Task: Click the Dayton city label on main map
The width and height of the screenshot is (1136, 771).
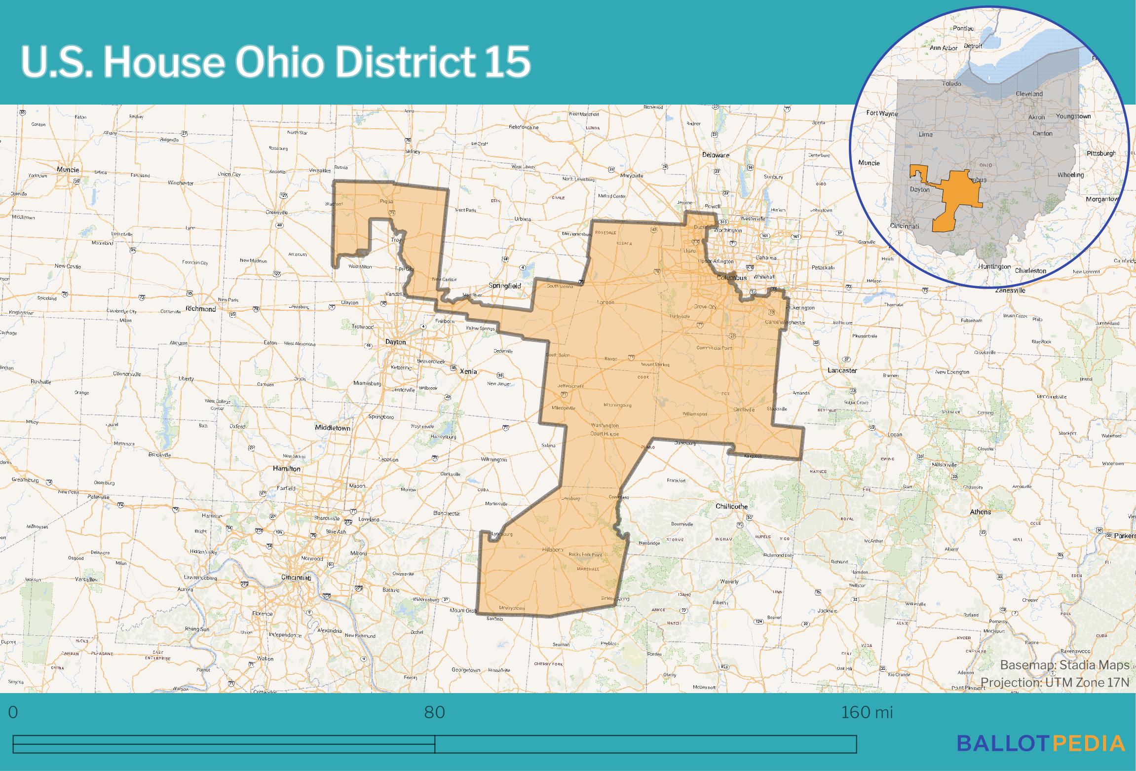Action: click(x=395, y=342)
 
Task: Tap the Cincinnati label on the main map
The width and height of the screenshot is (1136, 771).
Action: click(x=296, y=577)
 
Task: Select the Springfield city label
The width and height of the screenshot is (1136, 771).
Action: click(x=504, y=286)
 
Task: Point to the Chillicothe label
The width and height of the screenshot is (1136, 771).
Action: click(x=731, y=506)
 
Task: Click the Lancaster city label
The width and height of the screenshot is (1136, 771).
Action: click(x=842, y=370)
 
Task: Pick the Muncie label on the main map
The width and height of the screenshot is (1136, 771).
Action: click(x=68, y=169)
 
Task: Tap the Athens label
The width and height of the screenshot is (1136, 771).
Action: click(x=980, y=512)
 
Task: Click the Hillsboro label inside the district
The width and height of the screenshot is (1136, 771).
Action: click(x=552, y=549)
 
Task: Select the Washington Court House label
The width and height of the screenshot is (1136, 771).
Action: click(x=605, y=429)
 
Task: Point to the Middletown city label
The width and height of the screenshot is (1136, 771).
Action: click(x=333, y=428)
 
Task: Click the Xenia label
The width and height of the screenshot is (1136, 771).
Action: click(x=468, y=371)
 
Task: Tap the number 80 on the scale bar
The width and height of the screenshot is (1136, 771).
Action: click(x=434, y=712)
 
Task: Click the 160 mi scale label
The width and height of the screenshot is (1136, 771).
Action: click(x=867, y=712)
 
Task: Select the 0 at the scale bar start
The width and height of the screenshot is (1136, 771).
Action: click(x=13, y=712)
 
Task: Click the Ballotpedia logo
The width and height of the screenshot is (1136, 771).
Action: click(x=1041, y=743)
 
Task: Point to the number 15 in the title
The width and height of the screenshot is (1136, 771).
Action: click(x=507, y=62)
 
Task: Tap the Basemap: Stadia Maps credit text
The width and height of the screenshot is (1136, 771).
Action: click(x=1064, y=665)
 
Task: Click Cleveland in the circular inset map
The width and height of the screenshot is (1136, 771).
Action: click(x=1029, y=94)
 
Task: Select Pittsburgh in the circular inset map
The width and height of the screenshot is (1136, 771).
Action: click(x=1101, y=153)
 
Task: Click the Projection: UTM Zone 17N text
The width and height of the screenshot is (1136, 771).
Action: click(x=1054, y=682)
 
